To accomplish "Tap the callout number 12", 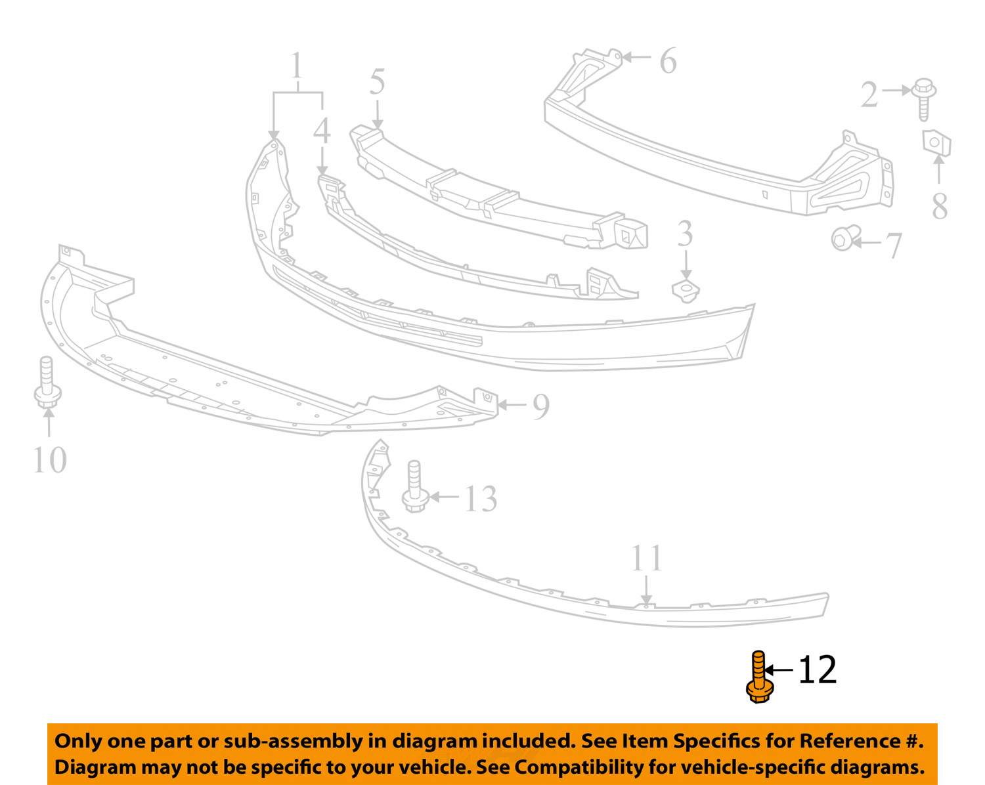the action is [x=818, y=670].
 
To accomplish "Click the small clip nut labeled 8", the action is [x=936, y=142].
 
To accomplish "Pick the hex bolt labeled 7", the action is [x=845, y=238].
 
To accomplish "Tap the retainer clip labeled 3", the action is [x=685, y=291].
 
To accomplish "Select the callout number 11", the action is [x=646, y=558].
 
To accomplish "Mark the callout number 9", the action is [x=540, y=407].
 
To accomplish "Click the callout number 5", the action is [x=377, y=82].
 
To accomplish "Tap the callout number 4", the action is [x=322, y=130].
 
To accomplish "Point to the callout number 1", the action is [x=297, y=65].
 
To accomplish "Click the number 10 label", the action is [x=50, y=459].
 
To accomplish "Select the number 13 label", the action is [x=481, y=499].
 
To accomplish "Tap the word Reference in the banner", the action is [x=849, y=740].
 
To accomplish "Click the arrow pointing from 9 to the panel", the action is [x=512, y=405].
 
